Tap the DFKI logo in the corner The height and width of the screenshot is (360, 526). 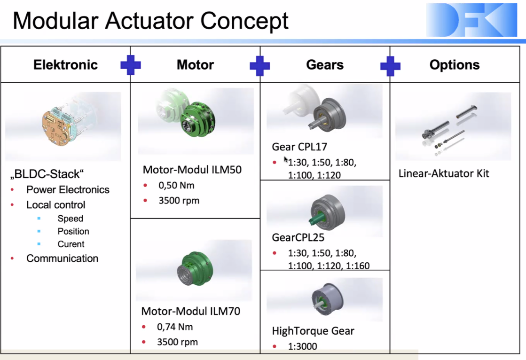(471, 20)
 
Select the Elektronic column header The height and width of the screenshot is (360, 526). (65, 65)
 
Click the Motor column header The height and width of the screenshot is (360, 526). (195, 65)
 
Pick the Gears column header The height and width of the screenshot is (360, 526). (325, 65)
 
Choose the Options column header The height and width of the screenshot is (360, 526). (455, 65)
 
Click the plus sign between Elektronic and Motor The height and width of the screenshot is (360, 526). (131, 65)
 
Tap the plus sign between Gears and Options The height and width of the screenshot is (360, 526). (390, 66)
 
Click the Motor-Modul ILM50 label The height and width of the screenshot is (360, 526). (192, 170)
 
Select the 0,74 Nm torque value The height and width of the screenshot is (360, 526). (175, 327)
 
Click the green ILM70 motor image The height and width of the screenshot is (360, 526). (195, 268)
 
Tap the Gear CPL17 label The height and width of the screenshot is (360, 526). (299, 147)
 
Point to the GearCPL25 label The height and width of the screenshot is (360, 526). (298, 237)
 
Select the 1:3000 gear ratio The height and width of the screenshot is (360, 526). (302, 346)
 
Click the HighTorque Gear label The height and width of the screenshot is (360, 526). (313, 331)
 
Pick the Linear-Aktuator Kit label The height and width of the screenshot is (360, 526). (443, 173)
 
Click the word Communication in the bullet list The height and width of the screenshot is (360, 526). (63, 258)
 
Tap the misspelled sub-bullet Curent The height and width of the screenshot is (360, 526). (71, 244)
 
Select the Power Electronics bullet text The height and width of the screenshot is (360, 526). (68, 189)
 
